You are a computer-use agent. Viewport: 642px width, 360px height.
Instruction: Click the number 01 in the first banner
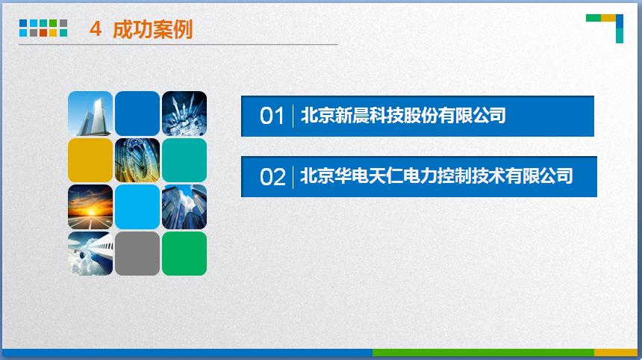[x=272, y=116]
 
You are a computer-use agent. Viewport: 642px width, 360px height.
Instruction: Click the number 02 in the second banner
[x=272, y=177]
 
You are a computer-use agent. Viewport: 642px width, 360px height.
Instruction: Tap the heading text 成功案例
[x=153, y=29]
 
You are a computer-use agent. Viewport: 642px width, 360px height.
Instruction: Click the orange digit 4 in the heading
[x=96, y=29]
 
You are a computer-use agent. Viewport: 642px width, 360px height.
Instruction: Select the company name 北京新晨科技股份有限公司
[x=403, y=116]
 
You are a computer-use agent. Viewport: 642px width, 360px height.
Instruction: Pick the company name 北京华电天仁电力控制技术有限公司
[x=437, y=176]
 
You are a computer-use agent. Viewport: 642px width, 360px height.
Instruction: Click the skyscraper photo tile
[x=90, y=114]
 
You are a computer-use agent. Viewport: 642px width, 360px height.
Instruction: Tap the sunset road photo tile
[x=90, y=207]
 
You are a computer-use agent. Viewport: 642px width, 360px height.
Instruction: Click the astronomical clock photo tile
[x=137, y=160]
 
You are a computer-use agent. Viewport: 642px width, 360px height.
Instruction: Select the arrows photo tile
[x=184, y=114]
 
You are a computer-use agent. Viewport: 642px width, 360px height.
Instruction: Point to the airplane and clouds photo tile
[x=90, y=253]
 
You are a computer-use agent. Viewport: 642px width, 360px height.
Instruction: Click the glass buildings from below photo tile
[x=184, y=207]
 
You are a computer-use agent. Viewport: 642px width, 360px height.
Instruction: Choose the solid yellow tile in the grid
[x=90, y=160]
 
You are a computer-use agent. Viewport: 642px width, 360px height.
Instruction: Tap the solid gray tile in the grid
[x=137, y=253]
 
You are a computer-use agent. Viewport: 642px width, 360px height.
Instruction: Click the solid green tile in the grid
[x=184, y=253]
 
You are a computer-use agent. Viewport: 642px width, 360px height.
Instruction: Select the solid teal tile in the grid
[x=184, y=160]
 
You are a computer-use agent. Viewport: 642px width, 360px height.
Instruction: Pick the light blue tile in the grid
[x=137, y=207]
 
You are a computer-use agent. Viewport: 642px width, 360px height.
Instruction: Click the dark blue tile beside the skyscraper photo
[x=137, y=114]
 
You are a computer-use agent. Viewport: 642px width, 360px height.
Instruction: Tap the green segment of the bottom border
[x=483, y=353]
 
